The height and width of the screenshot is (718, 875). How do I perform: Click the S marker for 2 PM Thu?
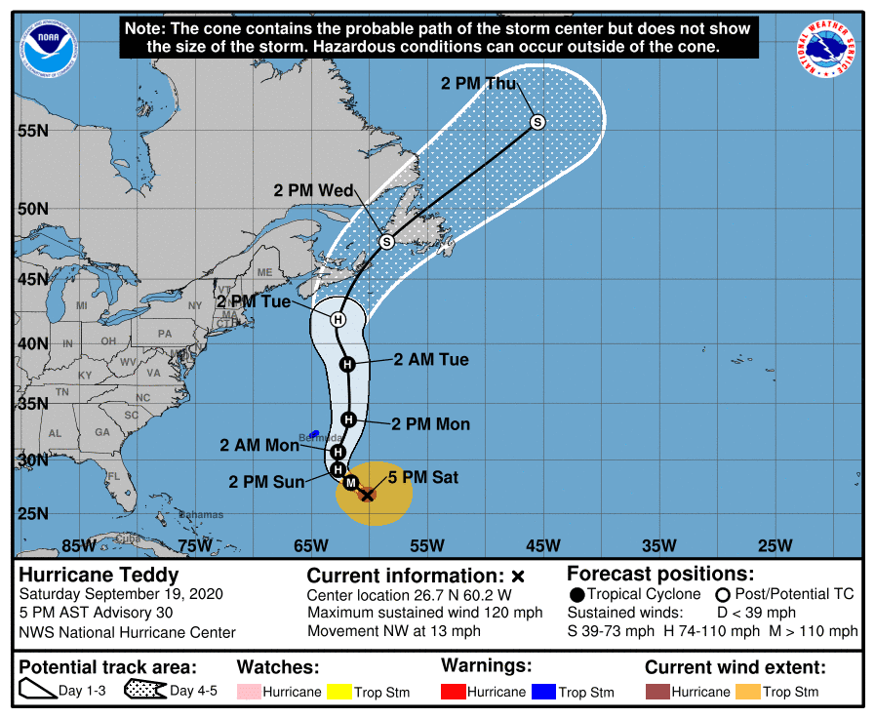click(537, 122)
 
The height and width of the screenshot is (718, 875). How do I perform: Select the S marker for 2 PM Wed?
click(386, 241)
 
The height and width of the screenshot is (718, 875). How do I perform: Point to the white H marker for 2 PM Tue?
click(338, 319)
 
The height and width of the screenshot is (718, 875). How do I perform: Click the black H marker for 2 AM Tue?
click(346, 364)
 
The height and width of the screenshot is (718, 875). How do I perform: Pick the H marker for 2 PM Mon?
click(349, 419)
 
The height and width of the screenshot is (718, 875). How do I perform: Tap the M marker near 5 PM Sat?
click(351, 482)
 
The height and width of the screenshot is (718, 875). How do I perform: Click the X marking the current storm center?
click(367, 495)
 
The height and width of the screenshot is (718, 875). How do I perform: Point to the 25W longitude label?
click(775, 544)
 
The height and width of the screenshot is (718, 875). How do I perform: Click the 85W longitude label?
click(77, 544)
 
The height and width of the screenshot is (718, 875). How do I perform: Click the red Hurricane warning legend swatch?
click(454, 692)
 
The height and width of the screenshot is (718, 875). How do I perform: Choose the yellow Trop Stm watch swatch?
click(339, 692)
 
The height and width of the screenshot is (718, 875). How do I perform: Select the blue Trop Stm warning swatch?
click(543, 692)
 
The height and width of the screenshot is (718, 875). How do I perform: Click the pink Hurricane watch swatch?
click(250, 692)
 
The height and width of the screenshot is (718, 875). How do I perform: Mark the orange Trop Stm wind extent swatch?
click(747, 692)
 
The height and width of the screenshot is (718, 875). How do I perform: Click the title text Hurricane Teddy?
click(99, 575)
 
